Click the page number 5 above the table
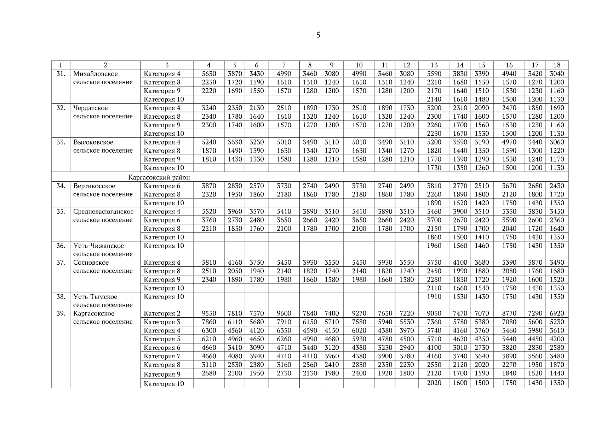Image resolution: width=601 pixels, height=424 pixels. click(318, 35)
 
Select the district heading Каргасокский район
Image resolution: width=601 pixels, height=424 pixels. click(159, 177)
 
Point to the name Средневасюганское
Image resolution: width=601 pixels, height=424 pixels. click(103, 212)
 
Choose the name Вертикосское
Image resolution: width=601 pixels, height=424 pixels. click(94, 186)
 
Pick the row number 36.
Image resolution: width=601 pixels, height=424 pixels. click(61, 246)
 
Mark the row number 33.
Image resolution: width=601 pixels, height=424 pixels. click(61, 142)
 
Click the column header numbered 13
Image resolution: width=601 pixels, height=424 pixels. click(434, 65)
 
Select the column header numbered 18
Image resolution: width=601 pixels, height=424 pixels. click(557, 65)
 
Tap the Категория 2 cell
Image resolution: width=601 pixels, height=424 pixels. click(162, 314)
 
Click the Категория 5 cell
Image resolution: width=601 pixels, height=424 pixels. click(162, 339)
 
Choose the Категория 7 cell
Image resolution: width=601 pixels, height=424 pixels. click(162, 356)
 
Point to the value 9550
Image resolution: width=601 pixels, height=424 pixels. click(209, 313)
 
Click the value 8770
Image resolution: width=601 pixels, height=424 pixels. click(509, 313)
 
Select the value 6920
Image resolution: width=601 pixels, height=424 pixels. click(557, 313)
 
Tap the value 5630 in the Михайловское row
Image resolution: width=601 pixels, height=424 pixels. click(209, 74)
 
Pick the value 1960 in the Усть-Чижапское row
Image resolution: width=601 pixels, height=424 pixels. click(434, 246)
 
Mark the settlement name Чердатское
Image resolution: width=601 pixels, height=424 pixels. click(91, 108)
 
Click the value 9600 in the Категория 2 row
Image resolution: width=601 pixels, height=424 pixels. click(284, 313)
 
